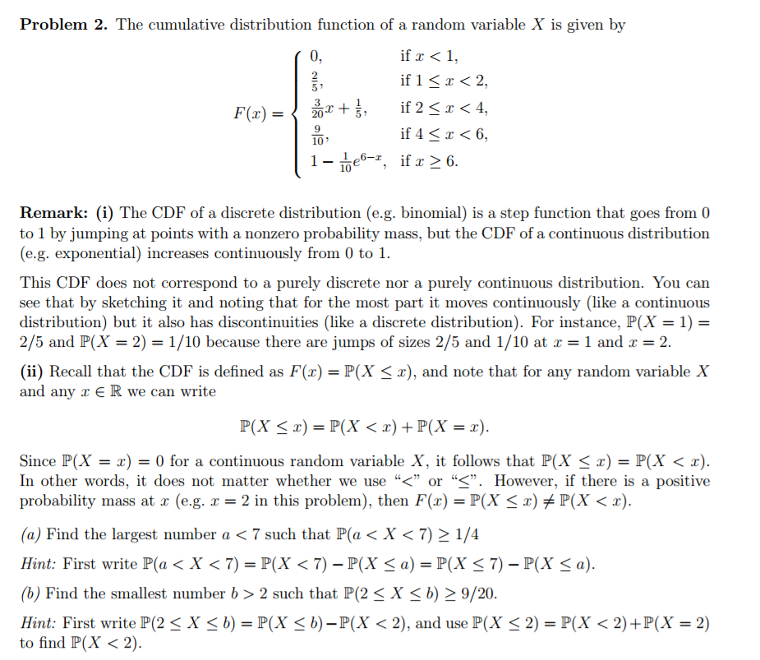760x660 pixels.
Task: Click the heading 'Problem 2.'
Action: pyautogui.click(x=63, y=25)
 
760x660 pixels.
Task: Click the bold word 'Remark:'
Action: pyautogui.click(x=55, y=214)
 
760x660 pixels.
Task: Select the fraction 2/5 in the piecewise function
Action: pyautogui.click(x=315, y=81)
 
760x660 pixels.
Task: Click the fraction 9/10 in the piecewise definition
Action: pyautogui.click(x=317, y=135)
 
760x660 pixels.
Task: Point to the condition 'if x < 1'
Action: pyautogui.click(x=428, y=57)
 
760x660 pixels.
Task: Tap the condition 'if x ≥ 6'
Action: pyautogui.click(x=429, y=161)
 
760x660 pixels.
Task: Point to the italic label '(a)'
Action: pyautogui.click(x=30, y=535)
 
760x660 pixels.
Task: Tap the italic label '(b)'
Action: pyautogui.click(x=30, y=593)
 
